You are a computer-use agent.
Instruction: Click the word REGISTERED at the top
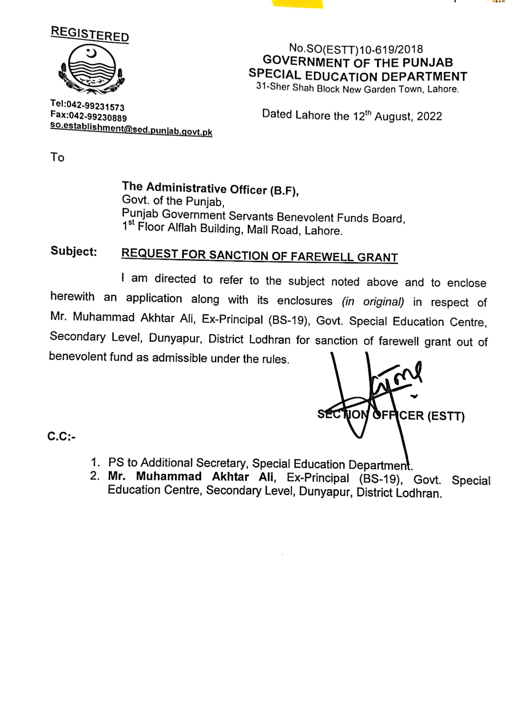(90, 34)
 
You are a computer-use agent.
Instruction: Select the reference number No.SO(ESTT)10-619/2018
(356, 49)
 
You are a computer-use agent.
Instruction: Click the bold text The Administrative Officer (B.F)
(210, 189)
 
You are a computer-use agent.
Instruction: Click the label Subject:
(74, 251)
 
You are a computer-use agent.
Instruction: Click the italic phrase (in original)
(373, 301)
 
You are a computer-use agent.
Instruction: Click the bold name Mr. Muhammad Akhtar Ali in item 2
(191, 476)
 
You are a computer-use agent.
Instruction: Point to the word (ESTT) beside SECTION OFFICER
(446, 416)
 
